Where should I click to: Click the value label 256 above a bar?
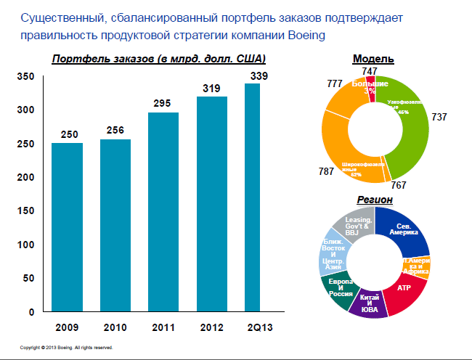tap(115, 131)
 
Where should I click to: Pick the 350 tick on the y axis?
tap(25, 76)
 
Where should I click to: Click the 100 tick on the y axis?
tap(25, 245)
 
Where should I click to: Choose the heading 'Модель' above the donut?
tap(373, 59)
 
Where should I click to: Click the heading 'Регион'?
tap(375, 199)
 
